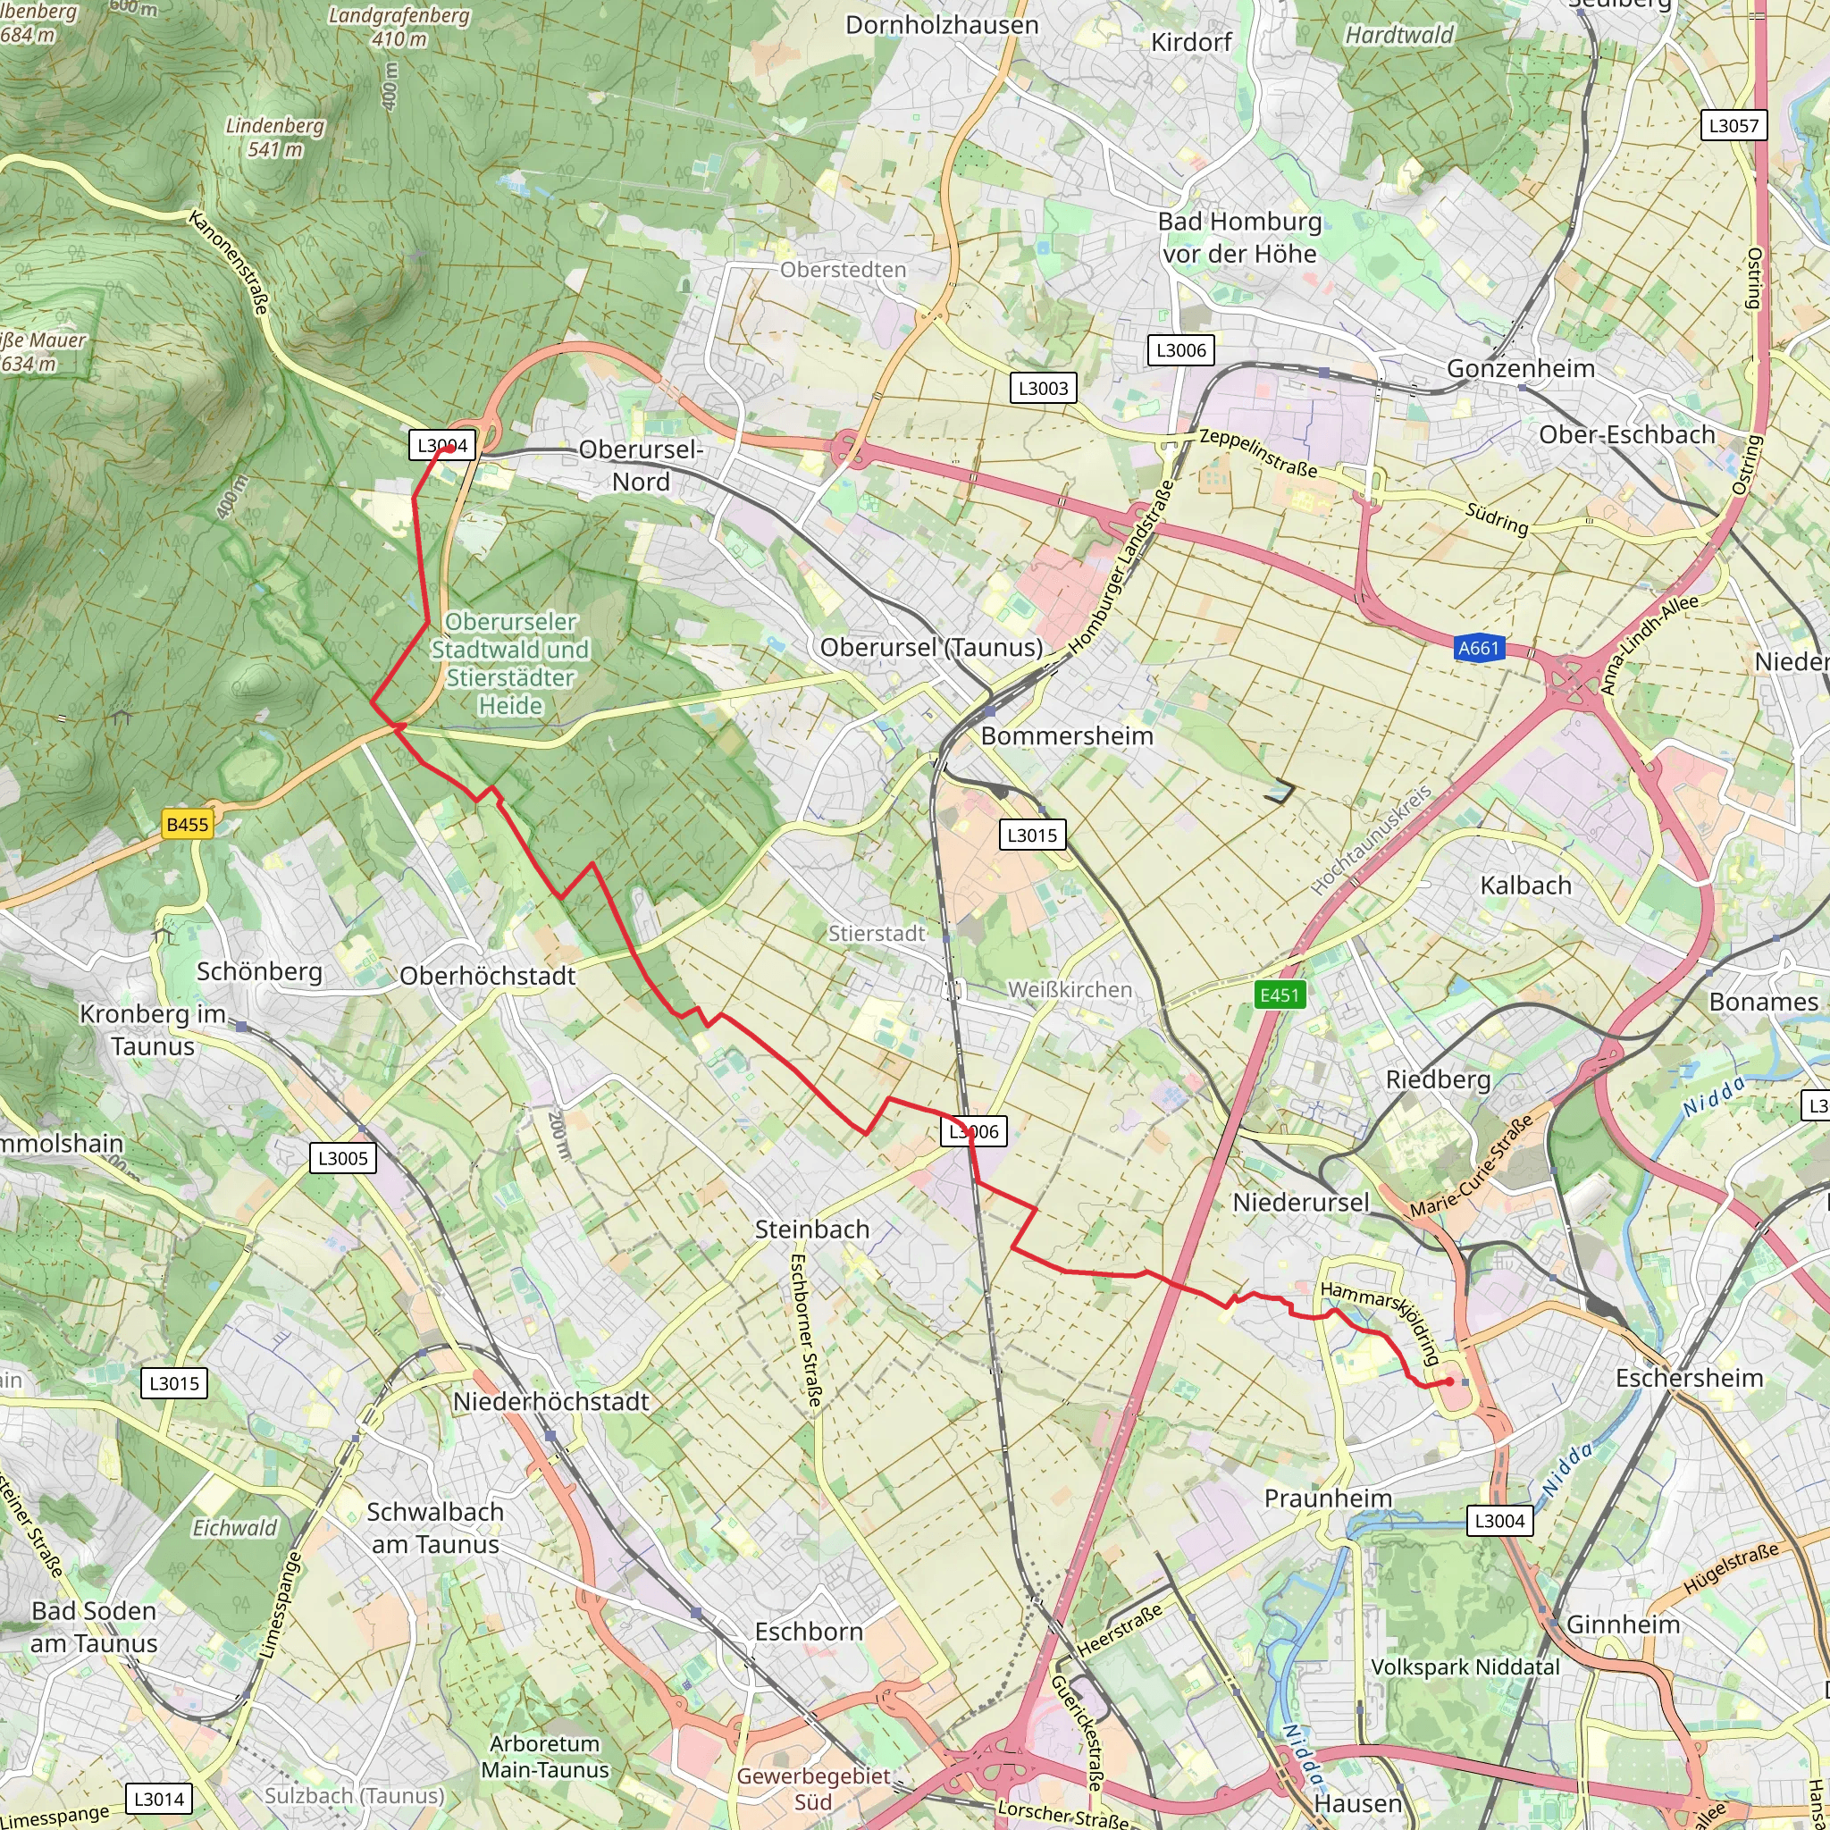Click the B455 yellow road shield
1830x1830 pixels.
[x=187, y=824]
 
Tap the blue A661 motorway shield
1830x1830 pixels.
[x=1479, y=648]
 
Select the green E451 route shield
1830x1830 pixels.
[x=1279, y=995]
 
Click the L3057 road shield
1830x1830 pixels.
[x=1733, y=125]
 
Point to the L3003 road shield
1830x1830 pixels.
[x=1043, y=388]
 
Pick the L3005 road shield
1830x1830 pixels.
[x=342, y=1157]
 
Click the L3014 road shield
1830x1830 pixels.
[x=158, y=1799]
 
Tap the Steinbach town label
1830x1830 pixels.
[x=811, y=1230]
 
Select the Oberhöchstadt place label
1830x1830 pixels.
[x=487, y=976]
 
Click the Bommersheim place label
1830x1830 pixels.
[x=1067, y=736]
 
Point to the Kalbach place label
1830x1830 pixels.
[x=1525, y=886]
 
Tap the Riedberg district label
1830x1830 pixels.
[x=1437, y=1079]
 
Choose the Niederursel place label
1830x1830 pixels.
[x=1300, y=1203]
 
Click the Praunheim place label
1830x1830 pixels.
[x=1328, y=1498]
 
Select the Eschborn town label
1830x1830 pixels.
[x=809, y=1631]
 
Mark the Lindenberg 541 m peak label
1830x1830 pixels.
[x=274, y=138]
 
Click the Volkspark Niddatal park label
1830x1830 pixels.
[x=1465, y=1667]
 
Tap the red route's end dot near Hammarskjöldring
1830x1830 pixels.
[x=1449, y=1382]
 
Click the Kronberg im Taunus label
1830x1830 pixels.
[x=153, y=1029]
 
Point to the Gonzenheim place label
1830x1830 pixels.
[x=1520, y=368]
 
